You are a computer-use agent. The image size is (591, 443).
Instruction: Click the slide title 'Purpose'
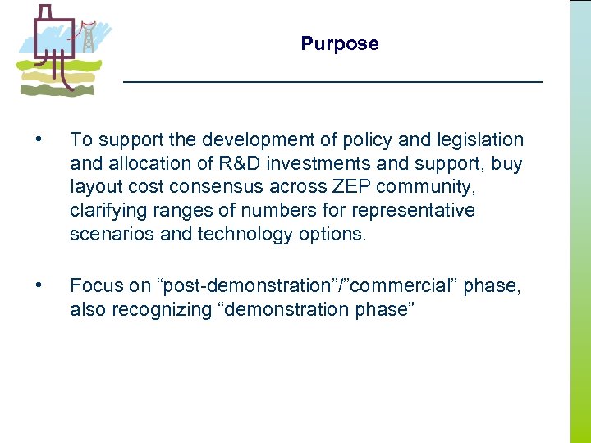(340, 44)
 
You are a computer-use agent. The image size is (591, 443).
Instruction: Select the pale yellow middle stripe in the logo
(57, 77)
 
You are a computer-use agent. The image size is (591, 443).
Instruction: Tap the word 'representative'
(415, 211)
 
